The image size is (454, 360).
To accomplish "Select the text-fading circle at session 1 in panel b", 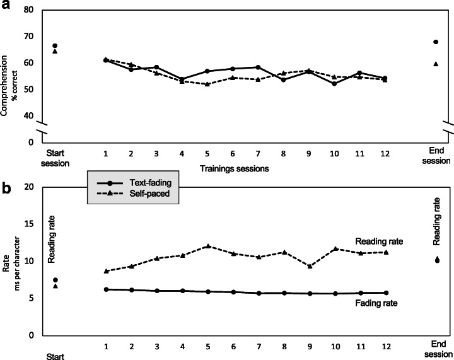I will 107,289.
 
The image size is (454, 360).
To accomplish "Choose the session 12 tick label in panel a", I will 385,153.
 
